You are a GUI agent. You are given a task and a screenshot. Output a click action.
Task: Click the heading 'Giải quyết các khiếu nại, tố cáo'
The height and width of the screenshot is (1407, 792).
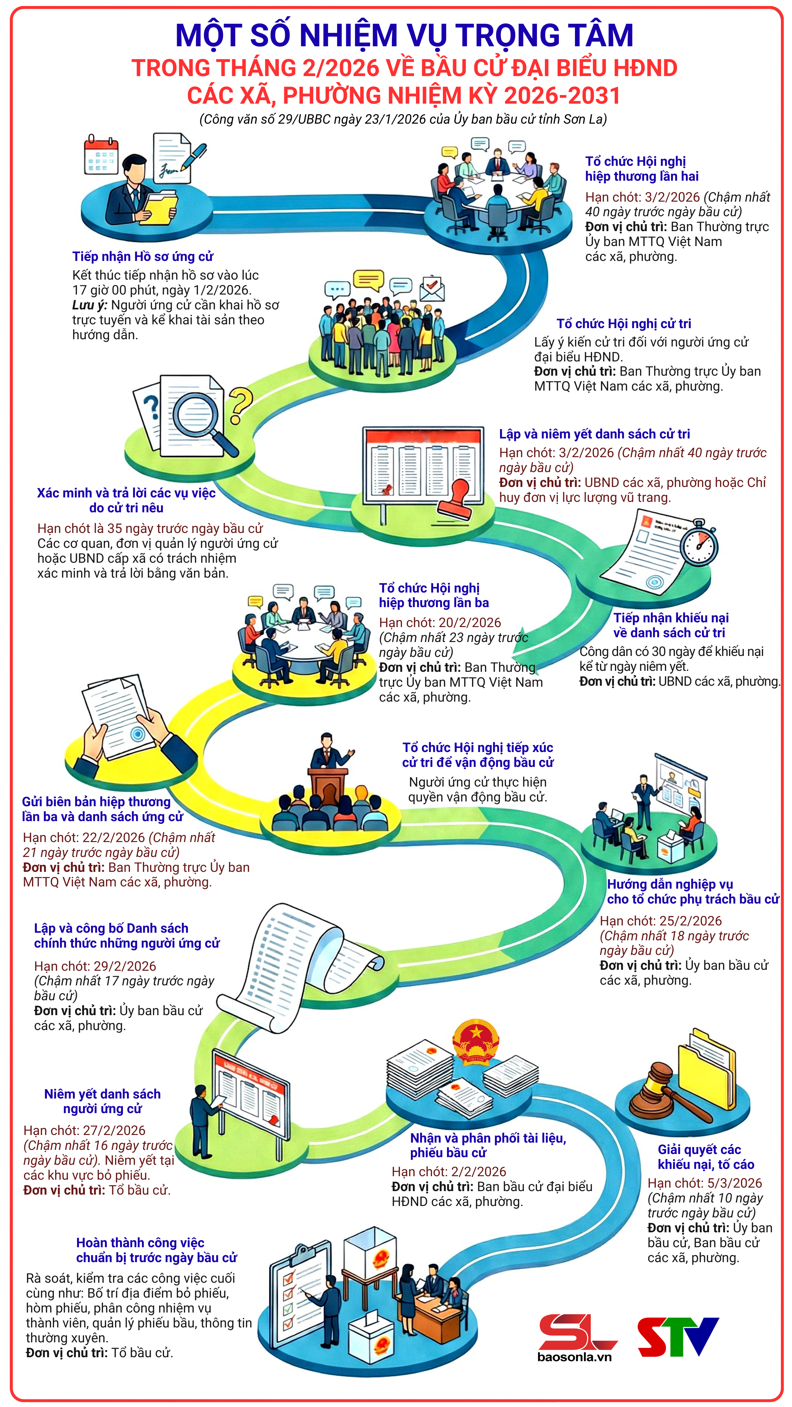pyautogui.click(x=706, y=1157)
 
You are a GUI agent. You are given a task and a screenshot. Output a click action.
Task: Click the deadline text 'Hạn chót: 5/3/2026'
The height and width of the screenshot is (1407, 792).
pyautogui.click(x=704, y=1183)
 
